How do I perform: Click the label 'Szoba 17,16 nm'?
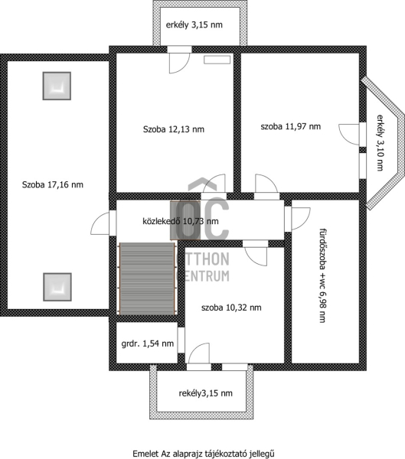point(53,184)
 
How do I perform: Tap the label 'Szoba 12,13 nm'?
point(174,129)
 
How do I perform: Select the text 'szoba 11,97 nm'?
point(291,126)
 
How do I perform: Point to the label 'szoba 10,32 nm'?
point(231,308)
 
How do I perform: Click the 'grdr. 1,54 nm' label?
point(148,343)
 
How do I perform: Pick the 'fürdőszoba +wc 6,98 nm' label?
point(322,275)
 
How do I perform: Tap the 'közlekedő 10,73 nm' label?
point(181,221)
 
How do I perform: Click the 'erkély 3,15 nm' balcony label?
point(194,25)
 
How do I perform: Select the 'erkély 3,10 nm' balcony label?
point(380,142)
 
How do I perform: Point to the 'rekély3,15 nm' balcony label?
point(205,393)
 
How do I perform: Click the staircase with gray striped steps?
point(148,278)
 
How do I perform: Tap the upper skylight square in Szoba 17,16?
point(57,86)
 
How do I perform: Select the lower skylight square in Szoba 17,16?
point(57,287)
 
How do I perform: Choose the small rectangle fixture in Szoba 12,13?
point(217,60)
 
